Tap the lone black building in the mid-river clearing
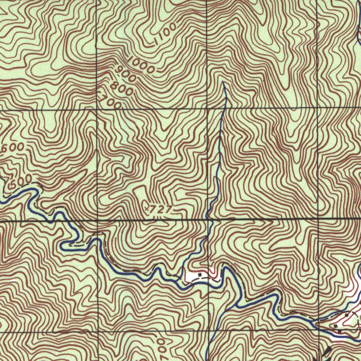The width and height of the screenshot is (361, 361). point(200,274)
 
